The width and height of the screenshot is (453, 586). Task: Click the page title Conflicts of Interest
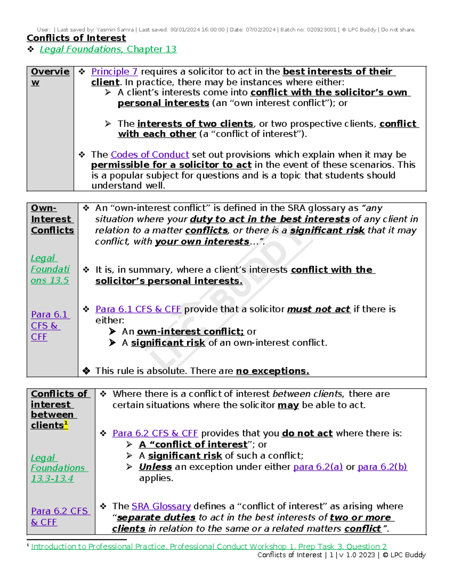tap(76, 38)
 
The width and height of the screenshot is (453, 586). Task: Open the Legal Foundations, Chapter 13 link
tap(108, 49)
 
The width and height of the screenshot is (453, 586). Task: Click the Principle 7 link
tap(114, 72)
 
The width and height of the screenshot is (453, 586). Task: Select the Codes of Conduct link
tap(149, 155)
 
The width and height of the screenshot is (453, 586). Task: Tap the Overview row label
tap(50, 77)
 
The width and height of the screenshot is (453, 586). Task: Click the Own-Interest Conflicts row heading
tap(52, 219)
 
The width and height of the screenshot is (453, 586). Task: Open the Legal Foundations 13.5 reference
tap(50, 269)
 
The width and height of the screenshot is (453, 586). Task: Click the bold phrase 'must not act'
tap(319, 309)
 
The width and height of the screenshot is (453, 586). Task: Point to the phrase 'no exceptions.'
tap(273, 371)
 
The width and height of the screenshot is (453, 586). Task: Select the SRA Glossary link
tap(161, 506)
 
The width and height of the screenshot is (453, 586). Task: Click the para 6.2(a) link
tap(318, 467)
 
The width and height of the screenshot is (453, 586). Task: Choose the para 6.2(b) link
tap(382, 467)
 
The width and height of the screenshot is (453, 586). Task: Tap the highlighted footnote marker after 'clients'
tap(66, 424)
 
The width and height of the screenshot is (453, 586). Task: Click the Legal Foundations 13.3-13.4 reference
tap(58, 468)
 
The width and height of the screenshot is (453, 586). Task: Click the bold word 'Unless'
tap(155, 467)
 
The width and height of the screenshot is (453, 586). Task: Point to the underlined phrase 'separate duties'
tap(156, 518)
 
